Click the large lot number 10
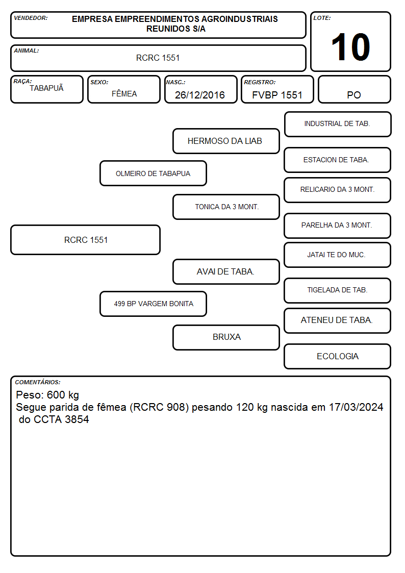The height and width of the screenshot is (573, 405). [350, 47]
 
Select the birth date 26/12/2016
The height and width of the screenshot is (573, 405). [200, 95]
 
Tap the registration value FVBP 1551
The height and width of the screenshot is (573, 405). [277, 95]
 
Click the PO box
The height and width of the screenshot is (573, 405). [354, 89]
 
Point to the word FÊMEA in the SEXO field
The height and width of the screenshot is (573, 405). [124, 93]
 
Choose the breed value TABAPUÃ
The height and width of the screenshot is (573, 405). [47, 88]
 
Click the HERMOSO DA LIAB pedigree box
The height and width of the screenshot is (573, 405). [226, 141]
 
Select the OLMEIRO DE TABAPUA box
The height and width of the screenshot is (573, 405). [153, 173]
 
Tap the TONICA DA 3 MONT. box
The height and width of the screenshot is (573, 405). [226, 207]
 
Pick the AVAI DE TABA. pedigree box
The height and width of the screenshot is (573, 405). [226, 271]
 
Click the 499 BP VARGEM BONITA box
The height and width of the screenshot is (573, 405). [153, 304]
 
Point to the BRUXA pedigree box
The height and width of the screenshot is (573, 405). [226, 337]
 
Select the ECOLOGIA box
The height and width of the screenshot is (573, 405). [338, 356]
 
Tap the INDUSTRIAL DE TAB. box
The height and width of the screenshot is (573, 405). [338, 124]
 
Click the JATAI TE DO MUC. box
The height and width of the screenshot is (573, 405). [338, 255]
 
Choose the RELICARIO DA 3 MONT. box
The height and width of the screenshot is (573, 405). [338, 190]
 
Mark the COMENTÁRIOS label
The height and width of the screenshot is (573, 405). [38, 382]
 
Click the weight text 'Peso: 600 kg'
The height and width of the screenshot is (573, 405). [47, 395]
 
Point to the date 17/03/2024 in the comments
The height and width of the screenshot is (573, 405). [356, 407]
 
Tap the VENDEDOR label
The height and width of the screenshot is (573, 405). [31, 18]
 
